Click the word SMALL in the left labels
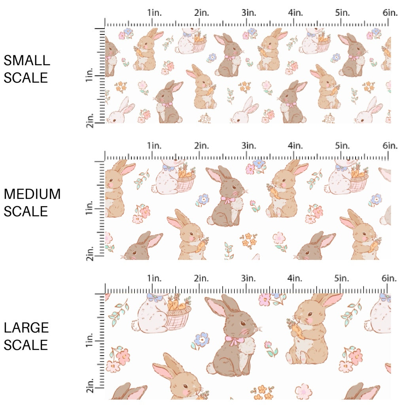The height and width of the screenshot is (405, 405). (x=27, y=61)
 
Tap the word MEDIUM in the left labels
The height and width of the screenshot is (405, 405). (x=32, y=194)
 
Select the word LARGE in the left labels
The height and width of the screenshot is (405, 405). (x=26, y=328)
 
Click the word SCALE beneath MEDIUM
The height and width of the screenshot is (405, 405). (x=26, y=211)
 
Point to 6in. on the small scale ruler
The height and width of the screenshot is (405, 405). (x=390, y=13)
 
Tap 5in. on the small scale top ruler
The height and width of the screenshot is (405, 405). (x=342, y=13)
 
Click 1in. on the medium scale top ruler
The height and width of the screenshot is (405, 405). (x=155, y=146)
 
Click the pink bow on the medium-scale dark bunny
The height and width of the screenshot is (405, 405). (x=227, y=200)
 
